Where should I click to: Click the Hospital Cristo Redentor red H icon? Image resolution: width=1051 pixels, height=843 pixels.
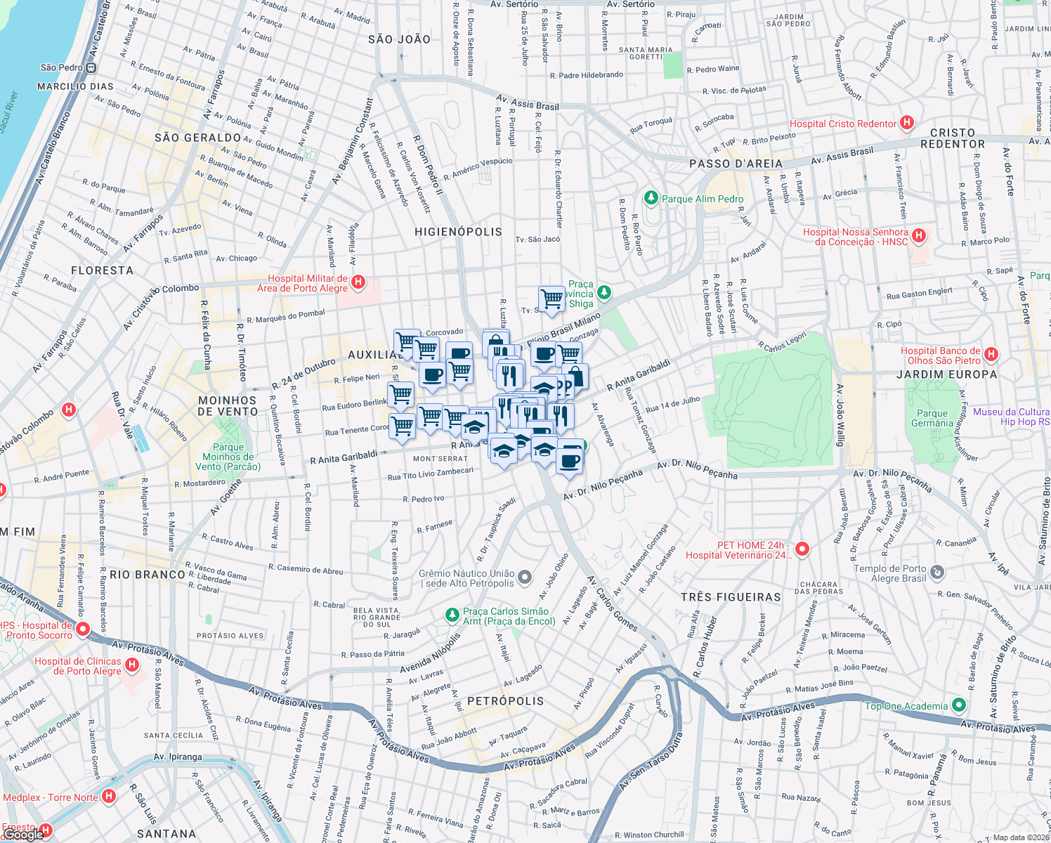pyautogui.click(x=907, y=123)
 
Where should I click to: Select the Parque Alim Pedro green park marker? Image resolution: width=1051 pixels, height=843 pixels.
pyautogui.click(x=651, y=199)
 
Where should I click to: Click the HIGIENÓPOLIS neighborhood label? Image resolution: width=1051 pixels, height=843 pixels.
pyautogui.click(x=458, y=232)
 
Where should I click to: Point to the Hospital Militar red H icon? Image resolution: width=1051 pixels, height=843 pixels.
pyautogui.click(x=358, y=282)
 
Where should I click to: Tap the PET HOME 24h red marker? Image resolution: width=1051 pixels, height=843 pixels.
pyautogui.click(x=802, y=549)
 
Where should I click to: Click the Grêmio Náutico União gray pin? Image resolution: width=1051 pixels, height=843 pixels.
pyautogui.click(x=525, y=578)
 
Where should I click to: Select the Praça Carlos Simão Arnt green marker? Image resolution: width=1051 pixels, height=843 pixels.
pyautogui.click(x=452, y=615)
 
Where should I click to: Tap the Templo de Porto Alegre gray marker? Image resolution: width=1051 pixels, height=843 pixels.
pyautogui.click(x=937, y=573)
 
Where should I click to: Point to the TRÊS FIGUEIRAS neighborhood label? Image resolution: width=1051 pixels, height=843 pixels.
pyautogui.click(x=731, y=597)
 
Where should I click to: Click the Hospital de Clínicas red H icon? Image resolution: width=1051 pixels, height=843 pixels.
pyautogui.click(x=131, y=665)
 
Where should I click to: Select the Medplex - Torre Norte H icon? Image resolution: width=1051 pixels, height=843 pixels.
pyautogui.click(x=108, y=796)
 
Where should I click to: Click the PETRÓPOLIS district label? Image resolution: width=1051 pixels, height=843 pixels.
pyautogui.click(x=505, y=701)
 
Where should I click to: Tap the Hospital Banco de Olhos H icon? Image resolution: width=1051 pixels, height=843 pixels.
pyautogui.click(x=991, y=354)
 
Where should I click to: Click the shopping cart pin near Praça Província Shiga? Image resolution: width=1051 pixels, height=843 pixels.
pyautogui.click(x=552, y=298)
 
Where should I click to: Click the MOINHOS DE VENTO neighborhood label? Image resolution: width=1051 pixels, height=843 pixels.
pyautogui.click(x=228, y=406)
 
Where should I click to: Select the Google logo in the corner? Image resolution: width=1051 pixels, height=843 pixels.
pyautogui.click(x=22, y=834)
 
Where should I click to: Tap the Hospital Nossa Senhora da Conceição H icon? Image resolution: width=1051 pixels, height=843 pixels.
pyautogui.click(x=919, y=236)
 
